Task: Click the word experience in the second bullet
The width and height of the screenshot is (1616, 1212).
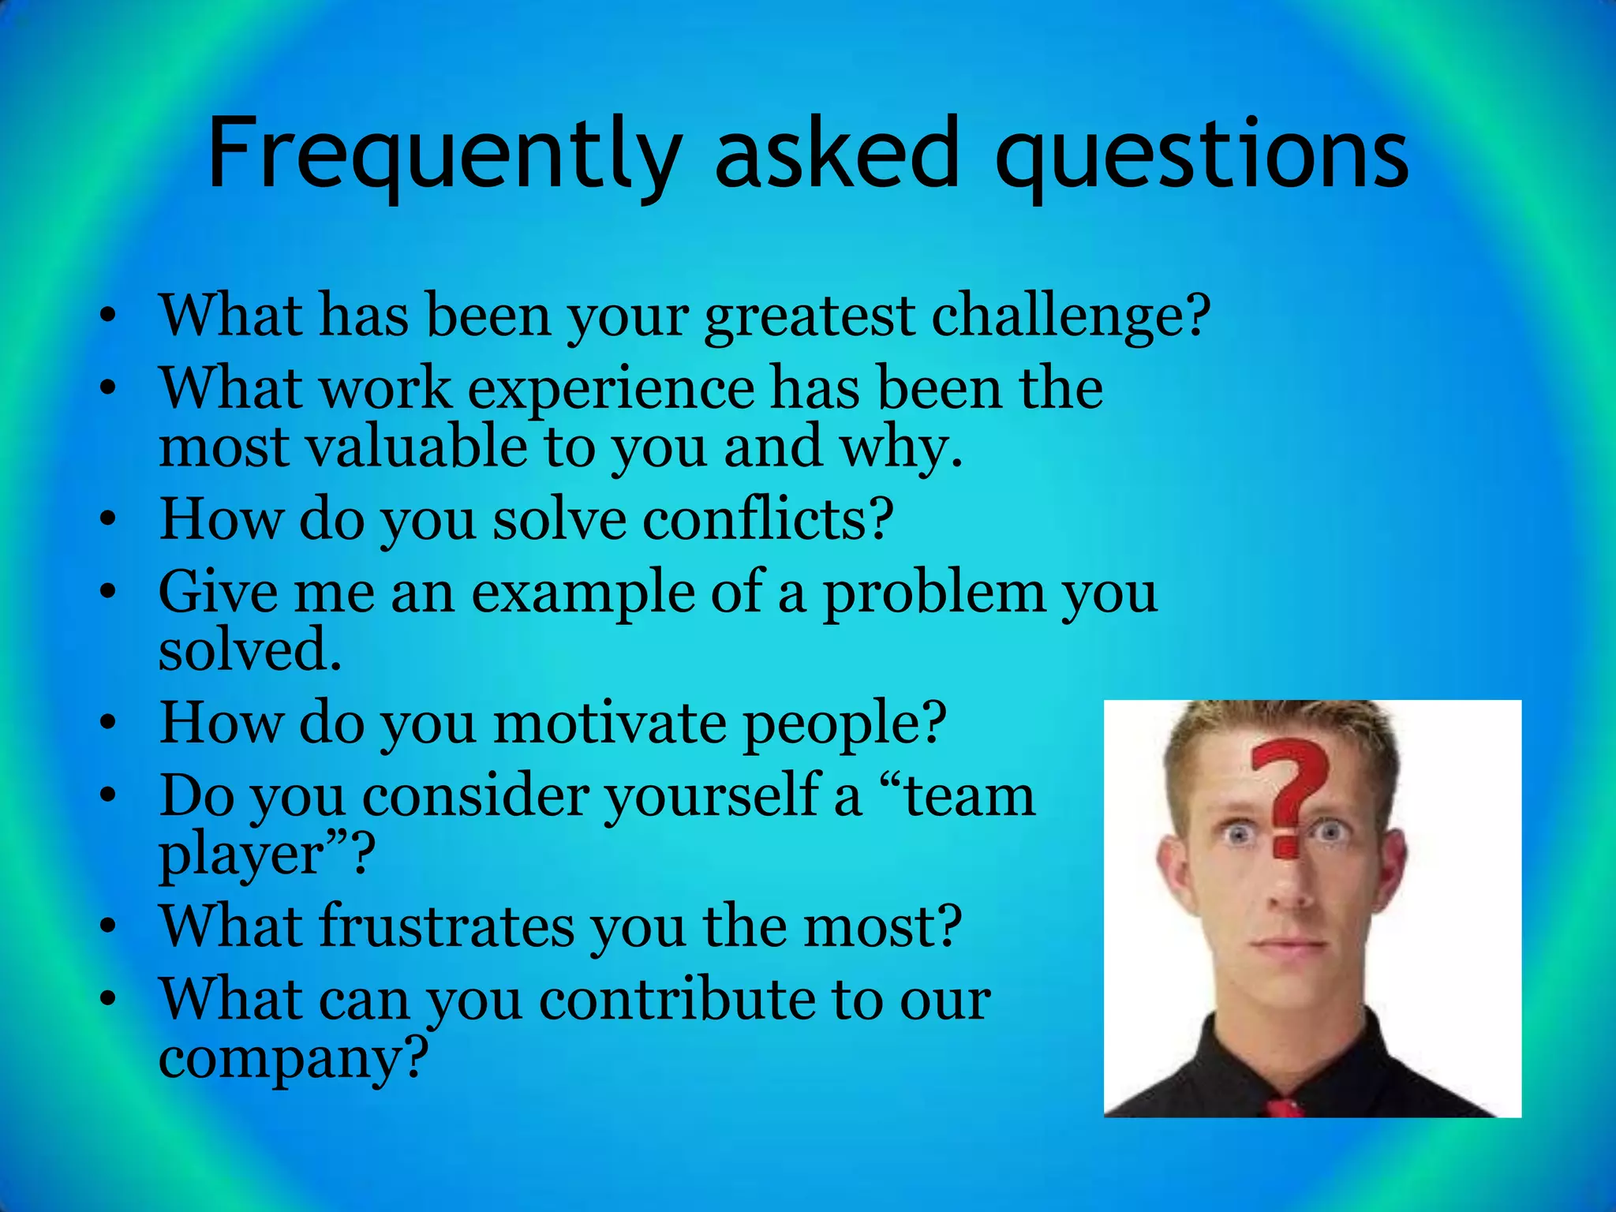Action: (x=611, y=389)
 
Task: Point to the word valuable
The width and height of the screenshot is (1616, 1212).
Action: (x=416, y=447)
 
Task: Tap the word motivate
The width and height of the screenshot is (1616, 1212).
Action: (x=609, y=724)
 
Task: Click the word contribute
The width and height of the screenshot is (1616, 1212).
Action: (x=677, y=1001)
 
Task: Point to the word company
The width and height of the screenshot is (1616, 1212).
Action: (x=292, y=1059)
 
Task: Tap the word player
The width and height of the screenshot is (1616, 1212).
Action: (x=241, y=855)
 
